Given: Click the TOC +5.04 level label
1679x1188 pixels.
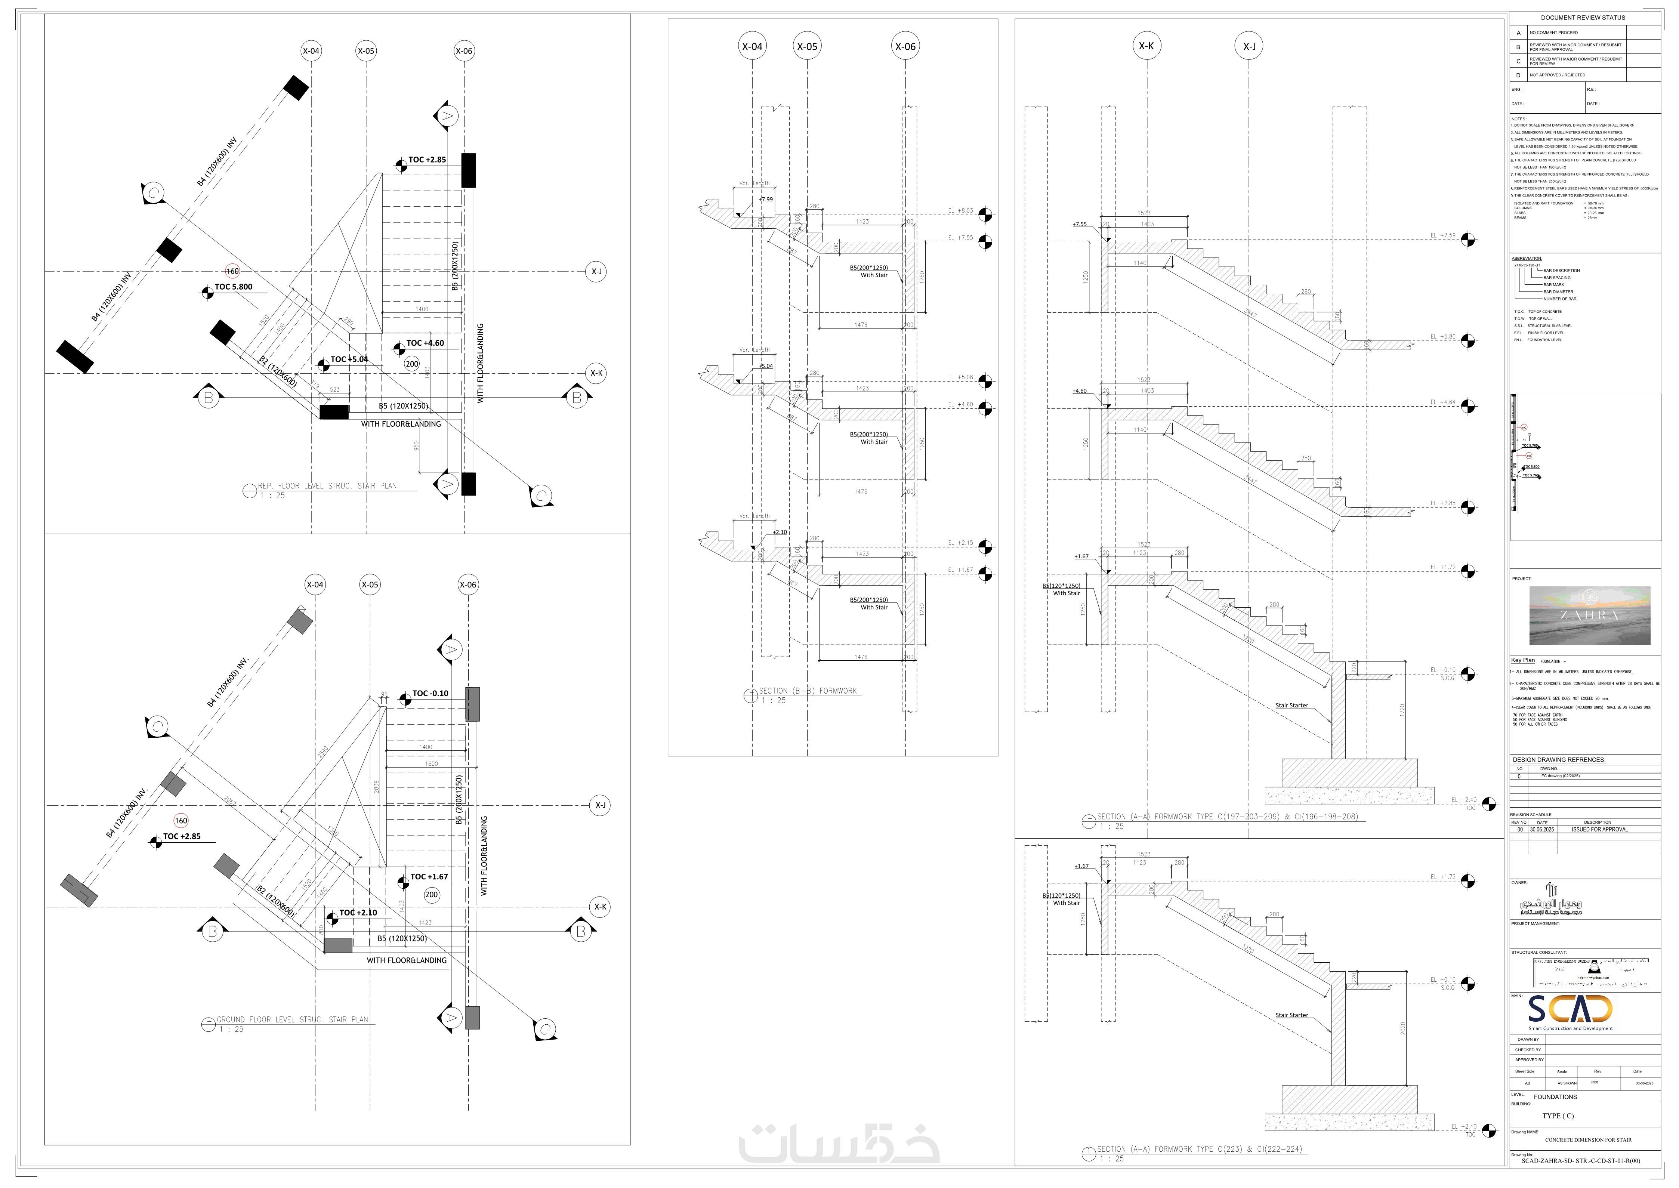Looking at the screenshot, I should click(349, 359).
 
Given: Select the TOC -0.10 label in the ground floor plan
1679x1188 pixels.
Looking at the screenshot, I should click(430, 694).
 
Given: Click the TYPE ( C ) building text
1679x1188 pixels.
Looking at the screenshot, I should click(1558, 1116).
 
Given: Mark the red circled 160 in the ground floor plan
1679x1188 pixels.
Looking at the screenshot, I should click(181, 821).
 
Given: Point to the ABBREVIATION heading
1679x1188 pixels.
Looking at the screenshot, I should click(1527, 258).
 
